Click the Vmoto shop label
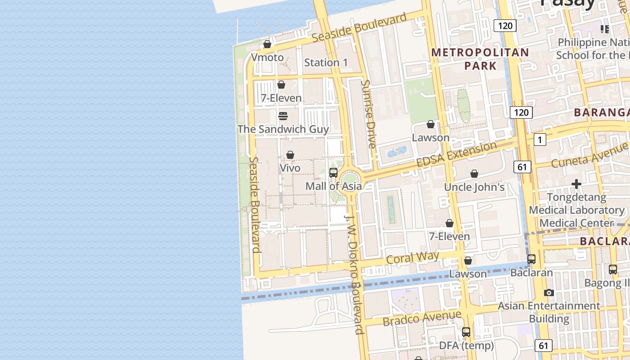click(x=267, y=58)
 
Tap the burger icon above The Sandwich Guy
click(x=283, y=116)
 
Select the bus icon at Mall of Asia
click(x=333, y=173)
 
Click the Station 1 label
click(x=326, y=63)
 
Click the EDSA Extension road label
click(x=456, y=154)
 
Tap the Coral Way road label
click(x=412, y=258)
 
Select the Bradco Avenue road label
click(x=422, y=318)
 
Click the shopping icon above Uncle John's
click(x=474, y=174)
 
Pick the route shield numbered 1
click(x=540, y=139)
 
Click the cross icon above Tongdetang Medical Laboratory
click(x=576, y=184)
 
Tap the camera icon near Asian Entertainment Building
click(x=549, y=293)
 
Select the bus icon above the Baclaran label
click(x=531, y=259)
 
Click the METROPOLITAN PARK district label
click(x=480, y=59)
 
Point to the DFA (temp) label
click(x=467, y=346)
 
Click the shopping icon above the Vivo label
click(x=290, y=155)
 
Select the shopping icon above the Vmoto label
click(x=267, y=44)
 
